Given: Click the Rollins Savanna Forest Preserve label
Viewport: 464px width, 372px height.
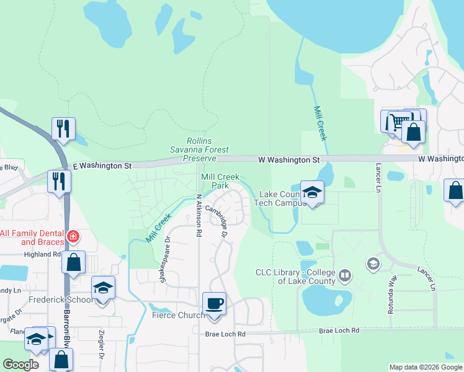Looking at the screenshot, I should (200, 149).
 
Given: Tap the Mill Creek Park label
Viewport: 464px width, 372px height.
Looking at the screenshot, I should (215, 181).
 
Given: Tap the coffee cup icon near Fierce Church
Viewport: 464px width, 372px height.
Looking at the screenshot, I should (215, 304).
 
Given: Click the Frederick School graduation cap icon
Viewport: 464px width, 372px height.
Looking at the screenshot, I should (103, 288).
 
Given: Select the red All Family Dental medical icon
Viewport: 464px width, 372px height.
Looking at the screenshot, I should (73, 236).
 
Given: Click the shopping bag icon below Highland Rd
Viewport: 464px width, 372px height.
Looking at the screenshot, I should (74, 262).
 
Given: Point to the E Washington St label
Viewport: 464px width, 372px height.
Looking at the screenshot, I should (102, 166).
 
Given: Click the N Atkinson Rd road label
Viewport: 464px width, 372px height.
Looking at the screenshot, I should (199, 216).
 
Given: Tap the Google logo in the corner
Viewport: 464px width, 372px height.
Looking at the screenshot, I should (21, 365).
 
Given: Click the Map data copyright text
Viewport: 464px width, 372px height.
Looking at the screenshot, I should (425, 367).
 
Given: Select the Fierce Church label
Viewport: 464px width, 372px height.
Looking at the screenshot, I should (178, 316).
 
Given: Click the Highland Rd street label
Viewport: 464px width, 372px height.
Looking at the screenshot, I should (43, 254).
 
